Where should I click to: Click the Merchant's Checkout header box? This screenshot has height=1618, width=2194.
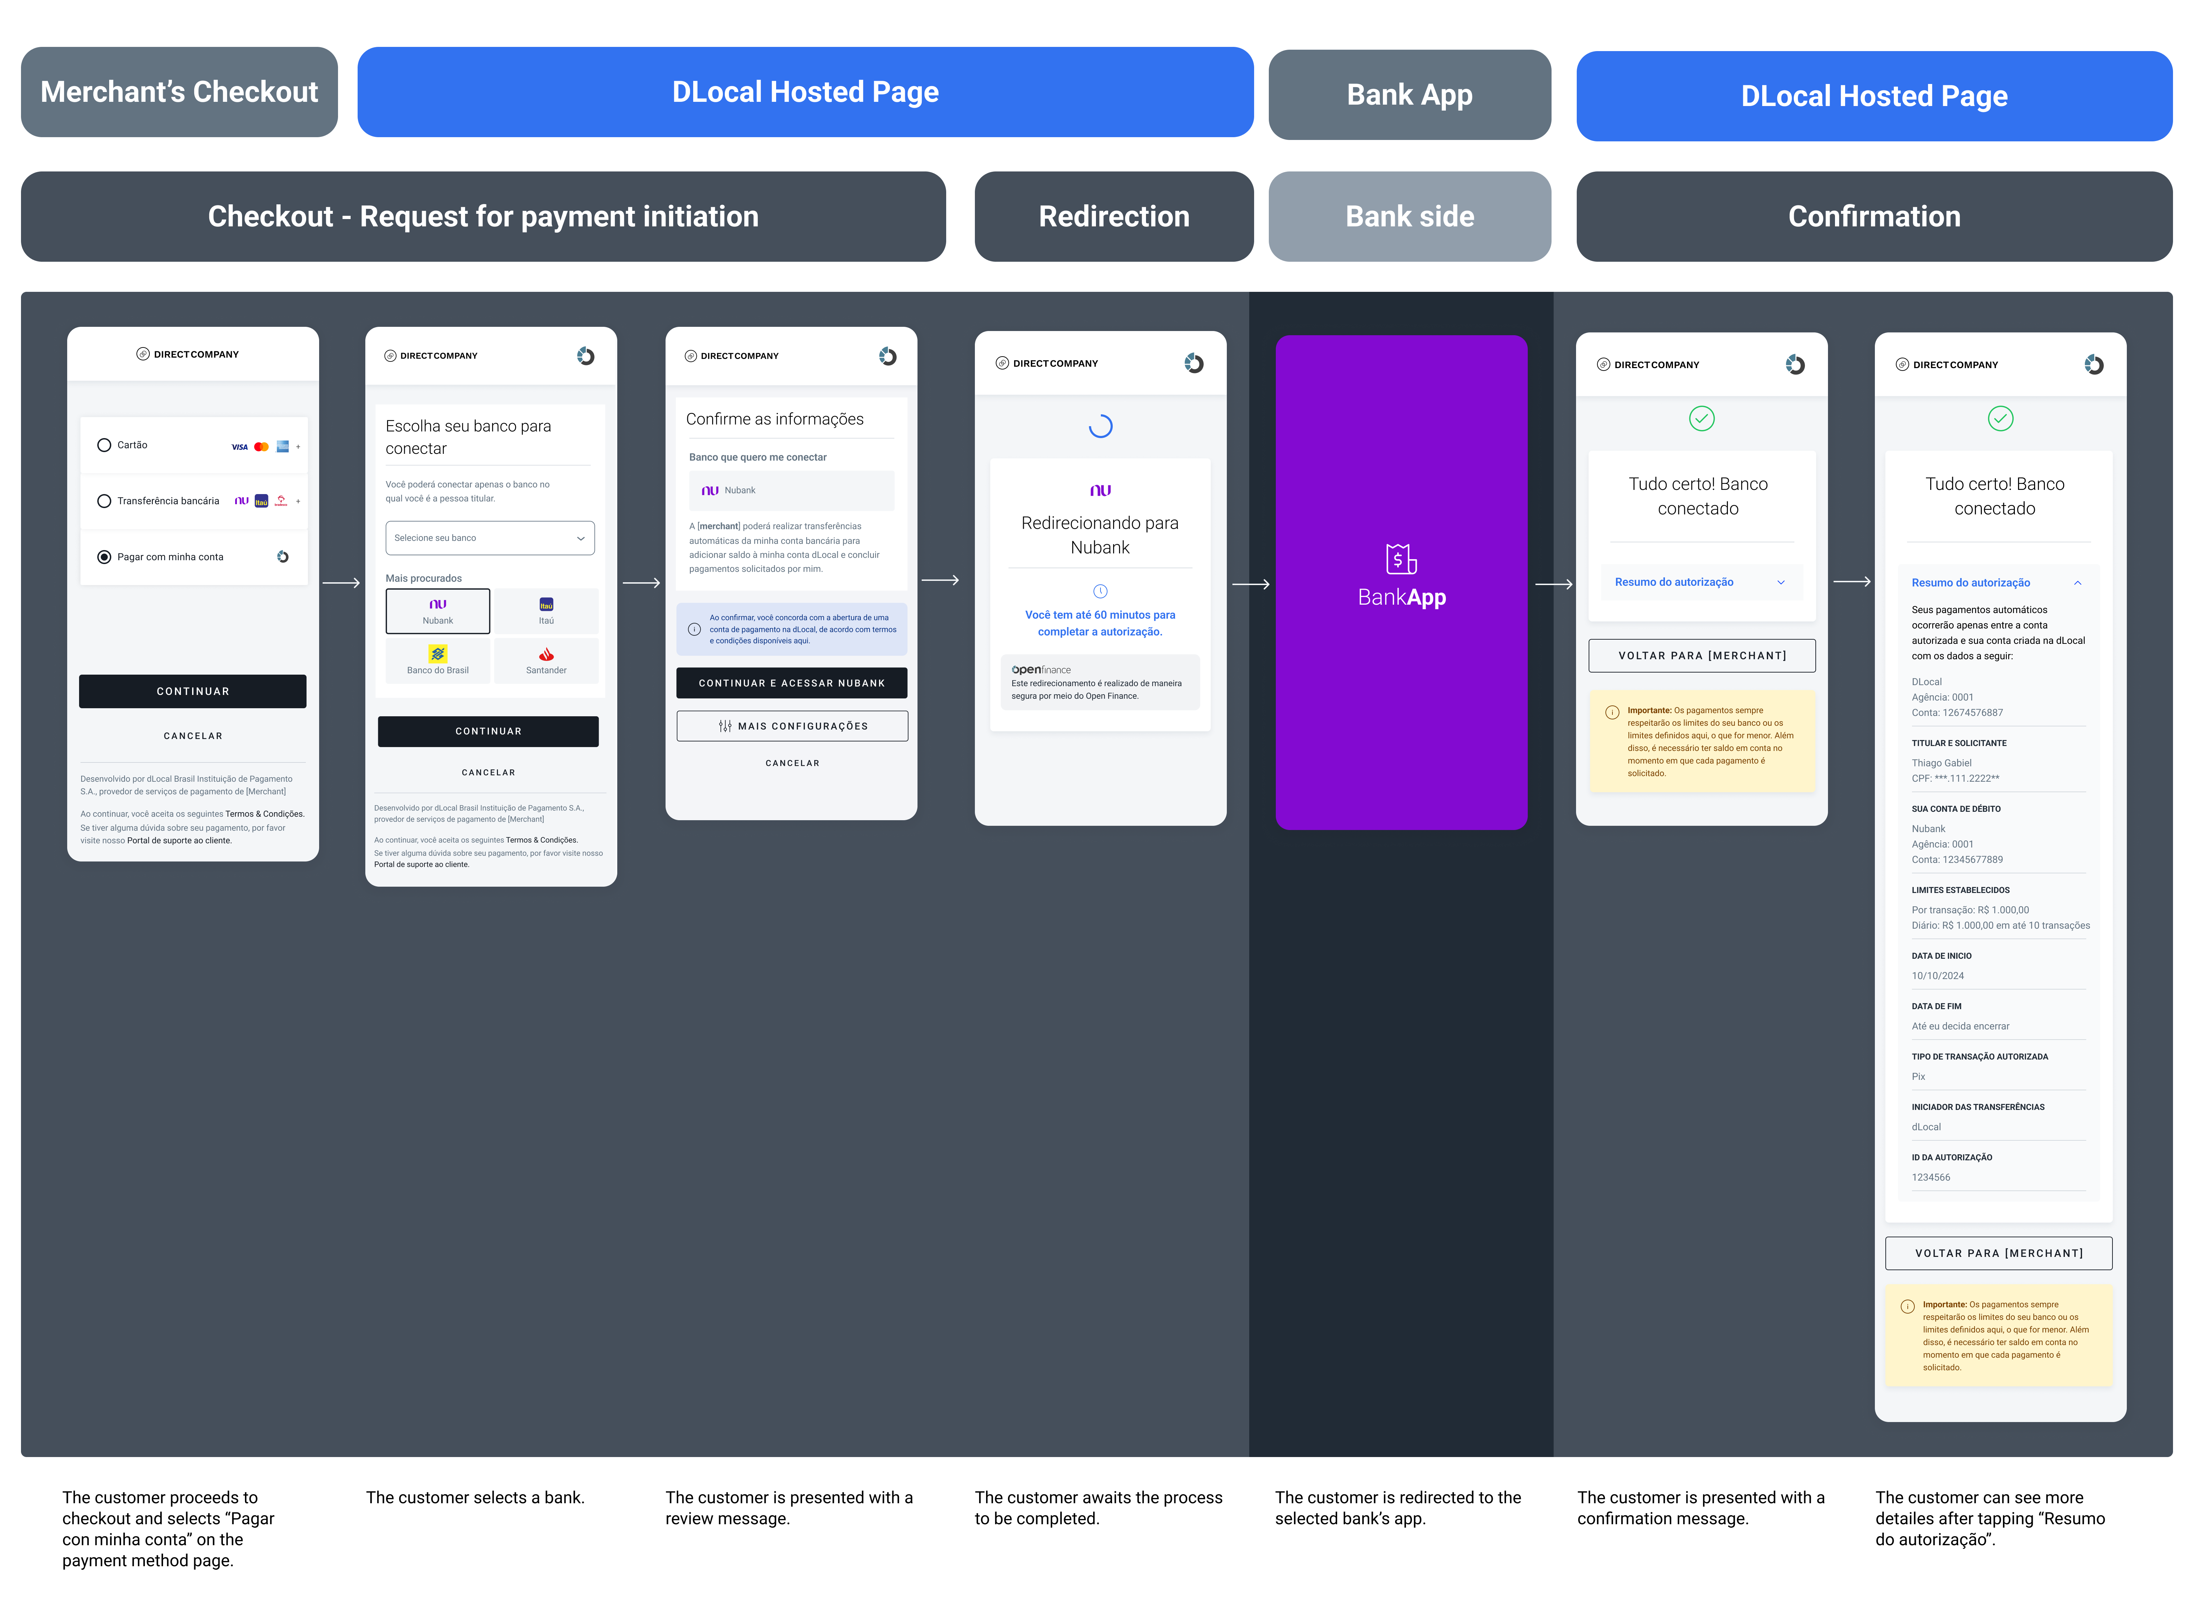[x=179, y=92]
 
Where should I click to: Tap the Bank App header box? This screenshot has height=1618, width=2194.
[x=1409, y=95]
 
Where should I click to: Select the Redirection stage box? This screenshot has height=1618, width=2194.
[x=1114, y=217]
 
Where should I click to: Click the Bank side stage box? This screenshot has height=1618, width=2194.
[x=1409, y=217]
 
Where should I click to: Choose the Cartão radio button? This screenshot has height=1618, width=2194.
[x=104, y=446]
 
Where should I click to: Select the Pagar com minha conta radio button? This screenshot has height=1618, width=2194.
[x=104, y=557]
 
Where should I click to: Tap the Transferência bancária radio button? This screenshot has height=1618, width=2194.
[x=104, y=501]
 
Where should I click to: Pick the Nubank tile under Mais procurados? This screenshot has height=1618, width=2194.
[x=438, y=611]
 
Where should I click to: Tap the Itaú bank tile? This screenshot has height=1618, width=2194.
[x=547, y=611]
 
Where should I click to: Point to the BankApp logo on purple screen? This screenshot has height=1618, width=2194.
[x=1402, y=576]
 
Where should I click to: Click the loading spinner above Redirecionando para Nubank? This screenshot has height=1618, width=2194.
[x=1101, y=426]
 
